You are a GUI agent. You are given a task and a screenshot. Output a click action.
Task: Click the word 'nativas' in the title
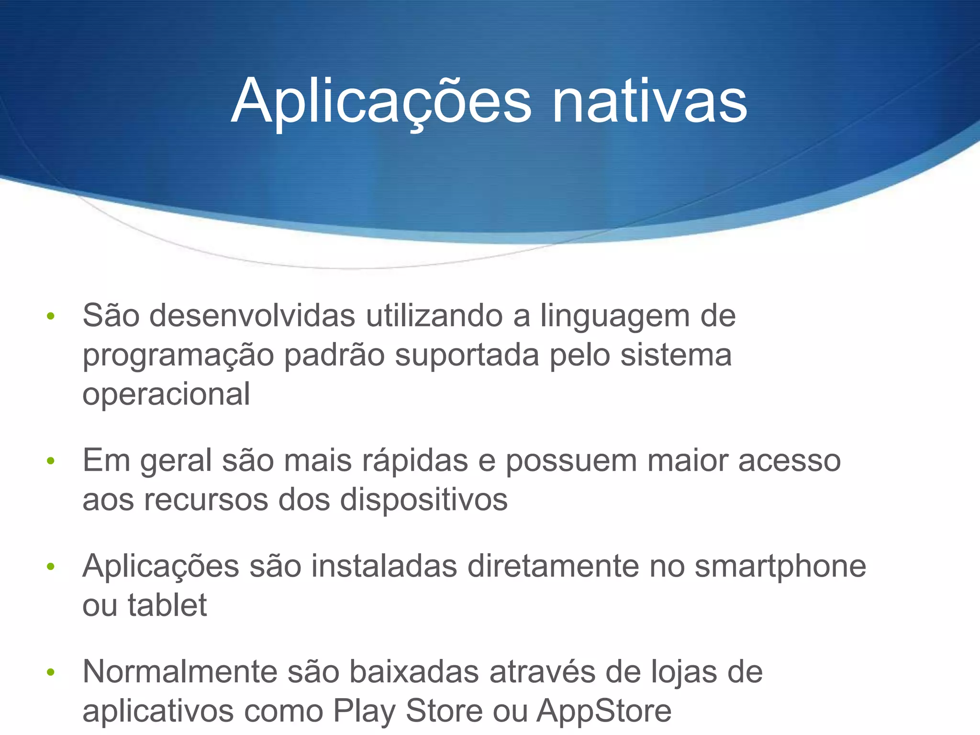click(x=649, y=101)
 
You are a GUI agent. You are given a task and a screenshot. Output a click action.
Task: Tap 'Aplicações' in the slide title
click(x=381, y=101)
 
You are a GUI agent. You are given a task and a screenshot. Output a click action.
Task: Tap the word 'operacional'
click(x=166, y=395)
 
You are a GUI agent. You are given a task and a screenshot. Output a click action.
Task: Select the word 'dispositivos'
click(x=423, y=501)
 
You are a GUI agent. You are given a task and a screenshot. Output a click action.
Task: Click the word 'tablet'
click(x=167, y=605)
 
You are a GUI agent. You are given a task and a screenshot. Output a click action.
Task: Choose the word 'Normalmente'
click(x=180, y=671)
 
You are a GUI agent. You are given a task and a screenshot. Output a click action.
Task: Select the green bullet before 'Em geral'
click(x=51, y=461)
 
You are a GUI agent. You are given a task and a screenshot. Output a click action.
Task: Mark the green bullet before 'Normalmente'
click(x=51, y=672)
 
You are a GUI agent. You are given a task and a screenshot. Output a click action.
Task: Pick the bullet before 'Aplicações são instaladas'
click(x=51, y=567)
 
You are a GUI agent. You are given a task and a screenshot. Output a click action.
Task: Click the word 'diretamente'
click(x=553, y=567)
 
